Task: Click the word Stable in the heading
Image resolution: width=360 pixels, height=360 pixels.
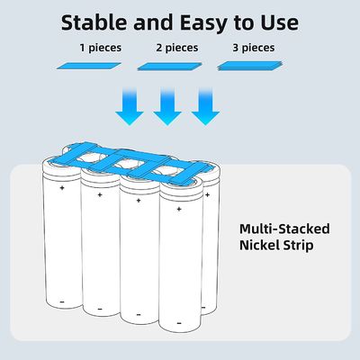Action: pyautogui.click(x=94, y=22)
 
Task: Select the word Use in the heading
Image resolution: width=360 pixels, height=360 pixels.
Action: pyautogui.click(x=279, y=22)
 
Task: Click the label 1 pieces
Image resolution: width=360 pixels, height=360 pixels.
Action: pyautogui.click(x=101, y=48)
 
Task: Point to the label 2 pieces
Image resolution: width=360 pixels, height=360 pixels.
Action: pyautogui.click(x=177, y=48)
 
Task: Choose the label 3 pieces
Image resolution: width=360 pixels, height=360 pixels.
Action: pyautogui.click(x=254, y=48)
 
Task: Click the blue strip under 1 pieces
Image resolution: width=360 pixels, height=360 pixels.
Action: pyautogui.click(x=89, y=66)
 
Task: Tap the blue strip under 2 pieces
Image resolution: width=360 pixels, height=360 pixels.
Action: pyautogui.click(x=170, y=67)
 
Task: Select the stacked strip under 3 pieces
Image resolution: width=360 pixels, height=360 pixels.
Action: pyautogui.click(x=250, y=67)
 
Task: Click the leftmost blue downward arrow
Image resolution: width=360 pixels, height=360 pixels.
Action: pyautogui.click(x=130, y=106)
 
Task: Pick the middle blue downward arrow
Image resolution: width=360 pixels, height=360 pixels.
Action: pyautogui.click(x=167, y=106)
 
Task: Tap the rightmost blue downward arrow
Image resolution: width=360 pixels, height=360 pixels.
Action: pyautogui.click(x=205, y=106)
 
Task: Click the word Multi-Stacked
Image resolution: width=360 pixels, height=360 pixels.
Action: pyautogui.click(x=284, y=229)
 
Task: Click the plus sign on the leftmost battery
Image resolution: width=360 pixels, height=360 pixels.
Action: pyautogui.click(x=62, y=188)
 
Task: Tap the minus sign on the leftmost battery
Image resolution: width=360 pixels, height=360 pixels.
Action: pyautogui.click(x=62, y=301)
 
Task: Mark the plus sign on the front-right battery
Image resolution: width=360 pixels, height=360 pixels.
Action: pyautogui.click(x=179, y=209)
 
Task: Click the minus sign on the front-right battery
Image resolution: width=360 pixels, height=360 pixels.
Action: pyautogui.click(x=179, y=323)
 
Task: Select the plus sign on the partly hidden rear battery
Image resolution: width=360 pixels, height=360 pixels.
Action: pyautogui.click(x=207, y=195)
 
